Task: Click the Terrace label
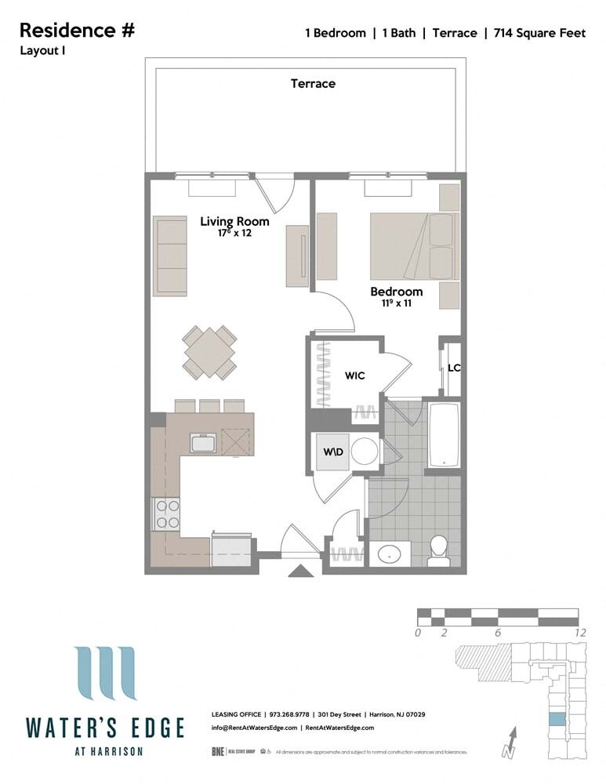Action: [313, 83]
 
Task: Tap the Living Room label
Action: [234, 221]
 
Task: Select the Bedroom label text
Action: [396, 292]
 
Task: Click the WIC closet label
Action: [355, 376]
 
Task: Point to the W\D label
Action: [334, 452]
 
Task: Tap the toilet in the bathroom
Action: [439, 550]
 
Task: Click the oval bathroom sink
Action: [390, 554]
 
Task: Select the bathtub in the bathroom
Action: [445, 436]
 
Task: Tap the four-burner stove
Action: [166, 514]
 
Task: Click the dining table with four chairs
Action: [210, 352]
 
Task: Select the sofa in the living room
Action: [171, 256]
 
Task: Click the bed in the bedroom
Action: [412, 246]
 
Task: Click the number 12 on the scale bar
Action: [579, 633]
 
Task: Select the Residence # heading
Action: [77, 31]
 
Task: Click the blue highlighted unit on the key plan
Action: [555, 719]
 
